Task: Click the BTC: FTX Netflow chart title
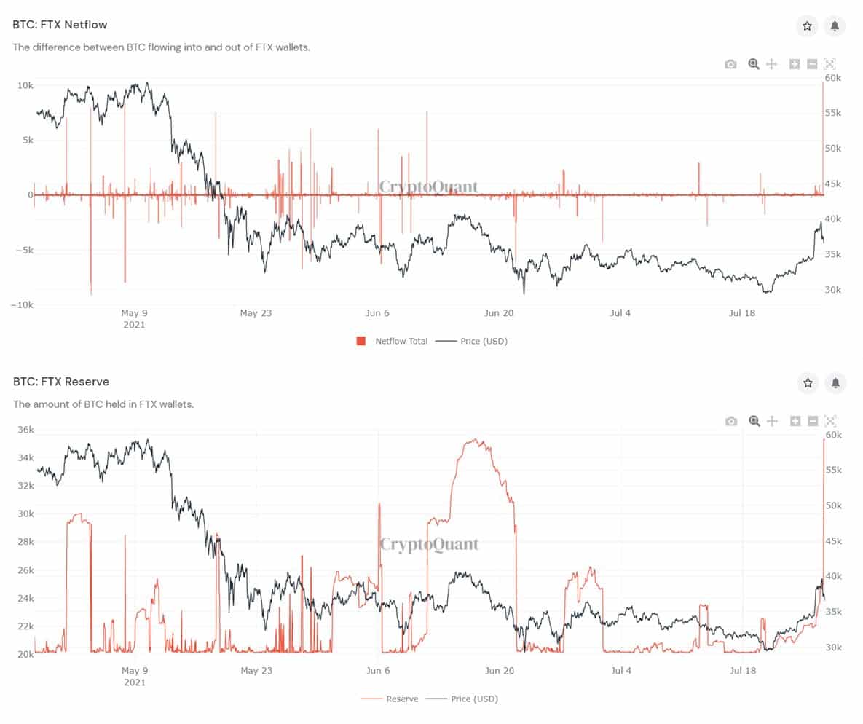[60, 25]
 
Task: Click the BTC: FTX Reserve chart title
[60, 382]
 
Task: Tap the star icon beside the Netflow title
[807, 26]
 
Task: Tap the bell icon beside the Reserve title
[835, 382]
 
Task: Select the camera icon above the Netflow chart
[730, 64]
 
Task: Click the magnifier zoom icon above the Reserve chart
[754, 421]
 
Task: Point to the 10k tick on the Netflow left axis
[25, 85]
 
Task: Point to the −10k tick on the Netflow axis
[22, 305]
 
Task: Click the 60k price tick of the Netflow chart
[833, 78]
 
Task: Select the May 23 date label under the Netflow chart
[256, 313]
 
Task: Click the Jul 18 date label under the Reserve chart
[741, 670]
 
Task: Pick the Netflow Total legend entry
[401, 341]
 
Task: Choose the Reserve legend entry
[402, 699]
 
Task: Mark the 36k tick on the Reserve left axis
[25, 430]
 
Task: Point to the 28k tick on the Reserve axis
[25, 542]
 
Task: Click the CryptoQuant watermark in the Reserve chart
[430, 544]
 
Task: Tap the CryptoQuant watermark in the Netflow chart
[429, 187]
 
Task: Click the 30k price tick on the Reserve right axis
[833, 647]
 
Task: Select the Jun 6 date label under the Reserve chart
[377, 670]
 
